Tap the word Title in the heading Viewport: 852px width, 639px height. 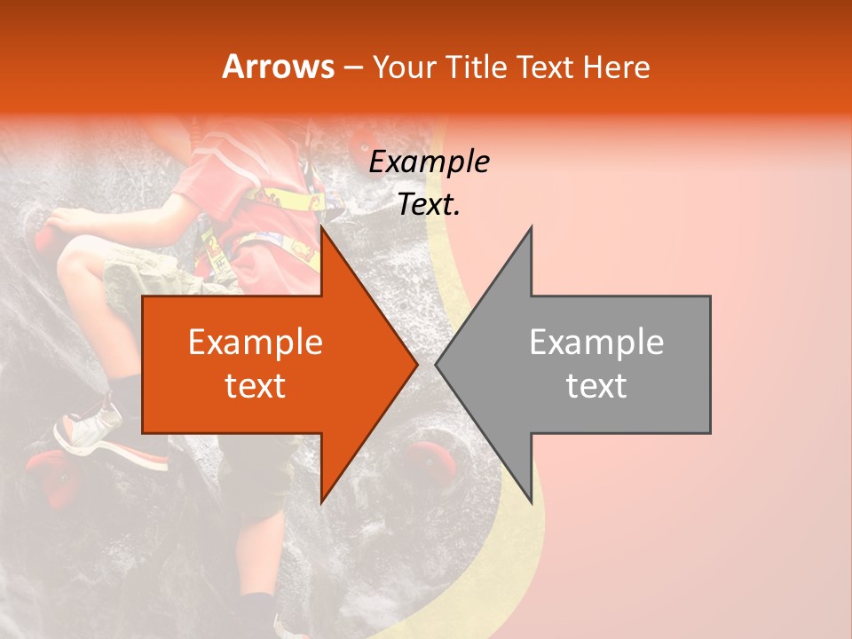click(478, 67)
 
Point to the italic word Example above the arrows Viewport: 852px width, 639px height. click(429, 162)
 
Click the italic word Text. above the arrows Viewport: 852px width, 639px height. click(429, 205)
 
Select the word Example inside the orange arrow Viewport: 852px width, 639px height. click(255, 343)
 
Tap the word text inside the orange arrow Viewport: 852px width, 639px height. click(255, 385)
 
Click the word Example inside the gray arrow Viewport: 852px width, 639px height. click(596, 343)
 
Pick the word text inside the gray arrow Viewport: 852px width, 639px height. click(596, 385)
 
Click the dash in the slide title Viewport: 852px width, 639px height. click(352, 67)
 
